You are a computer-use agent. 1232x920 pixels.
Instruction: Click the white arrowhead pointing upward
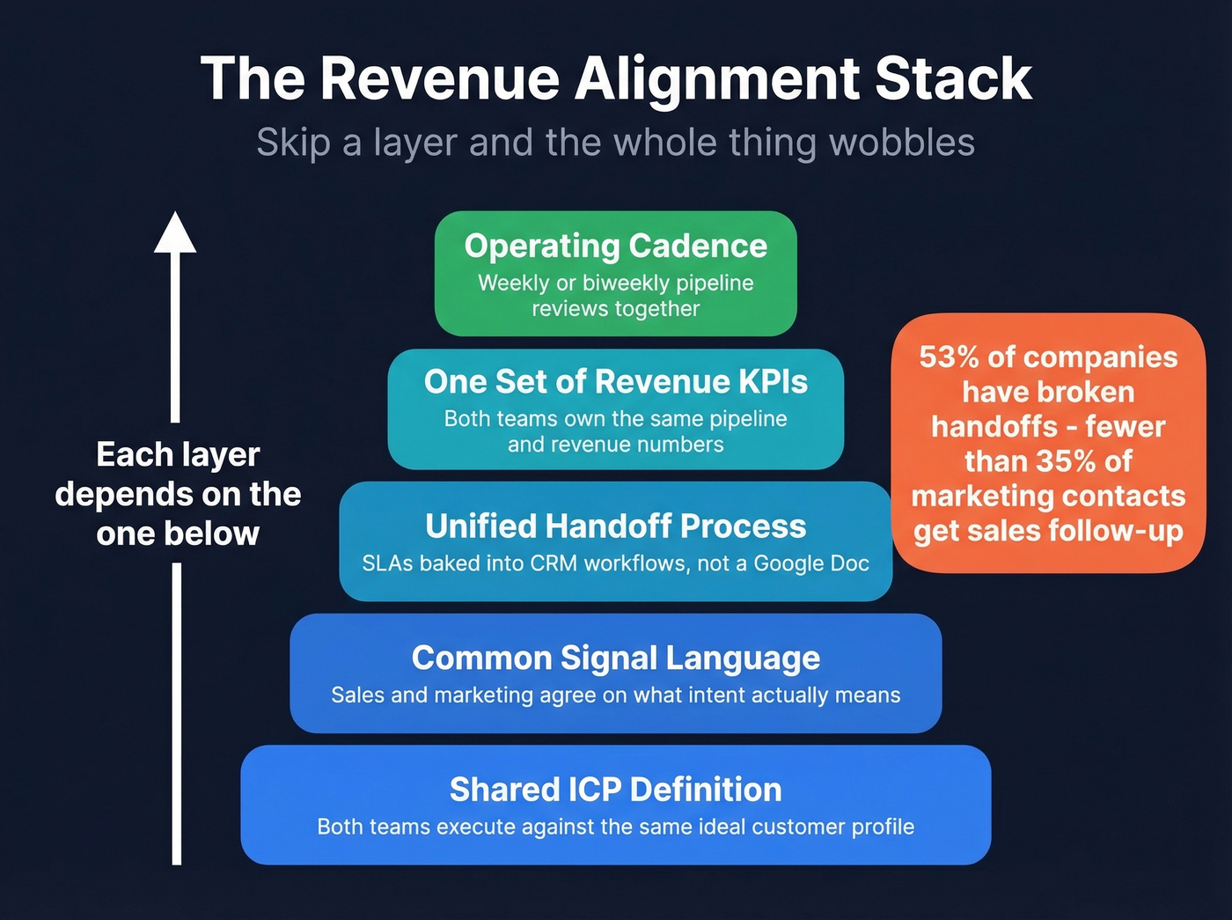[x=175, y=233]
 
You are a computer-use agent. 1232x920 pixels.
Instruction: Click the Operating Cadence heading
[x=615, y=246]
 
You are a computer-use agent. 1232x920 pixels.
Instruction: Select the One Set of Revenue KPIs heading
[x=615, y=381]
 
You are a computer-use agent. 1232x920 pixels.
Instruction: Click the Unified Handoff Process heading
[x=615, y=526]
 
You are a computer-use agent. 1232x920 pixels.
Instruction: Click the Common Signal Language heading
[x=615, y=658]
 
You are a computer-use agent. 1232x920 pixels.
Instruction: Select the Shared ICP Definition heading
[x=615, y=790]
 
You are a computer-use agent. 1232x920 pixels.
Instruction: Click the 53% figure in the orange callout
[x=949, y=357]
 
